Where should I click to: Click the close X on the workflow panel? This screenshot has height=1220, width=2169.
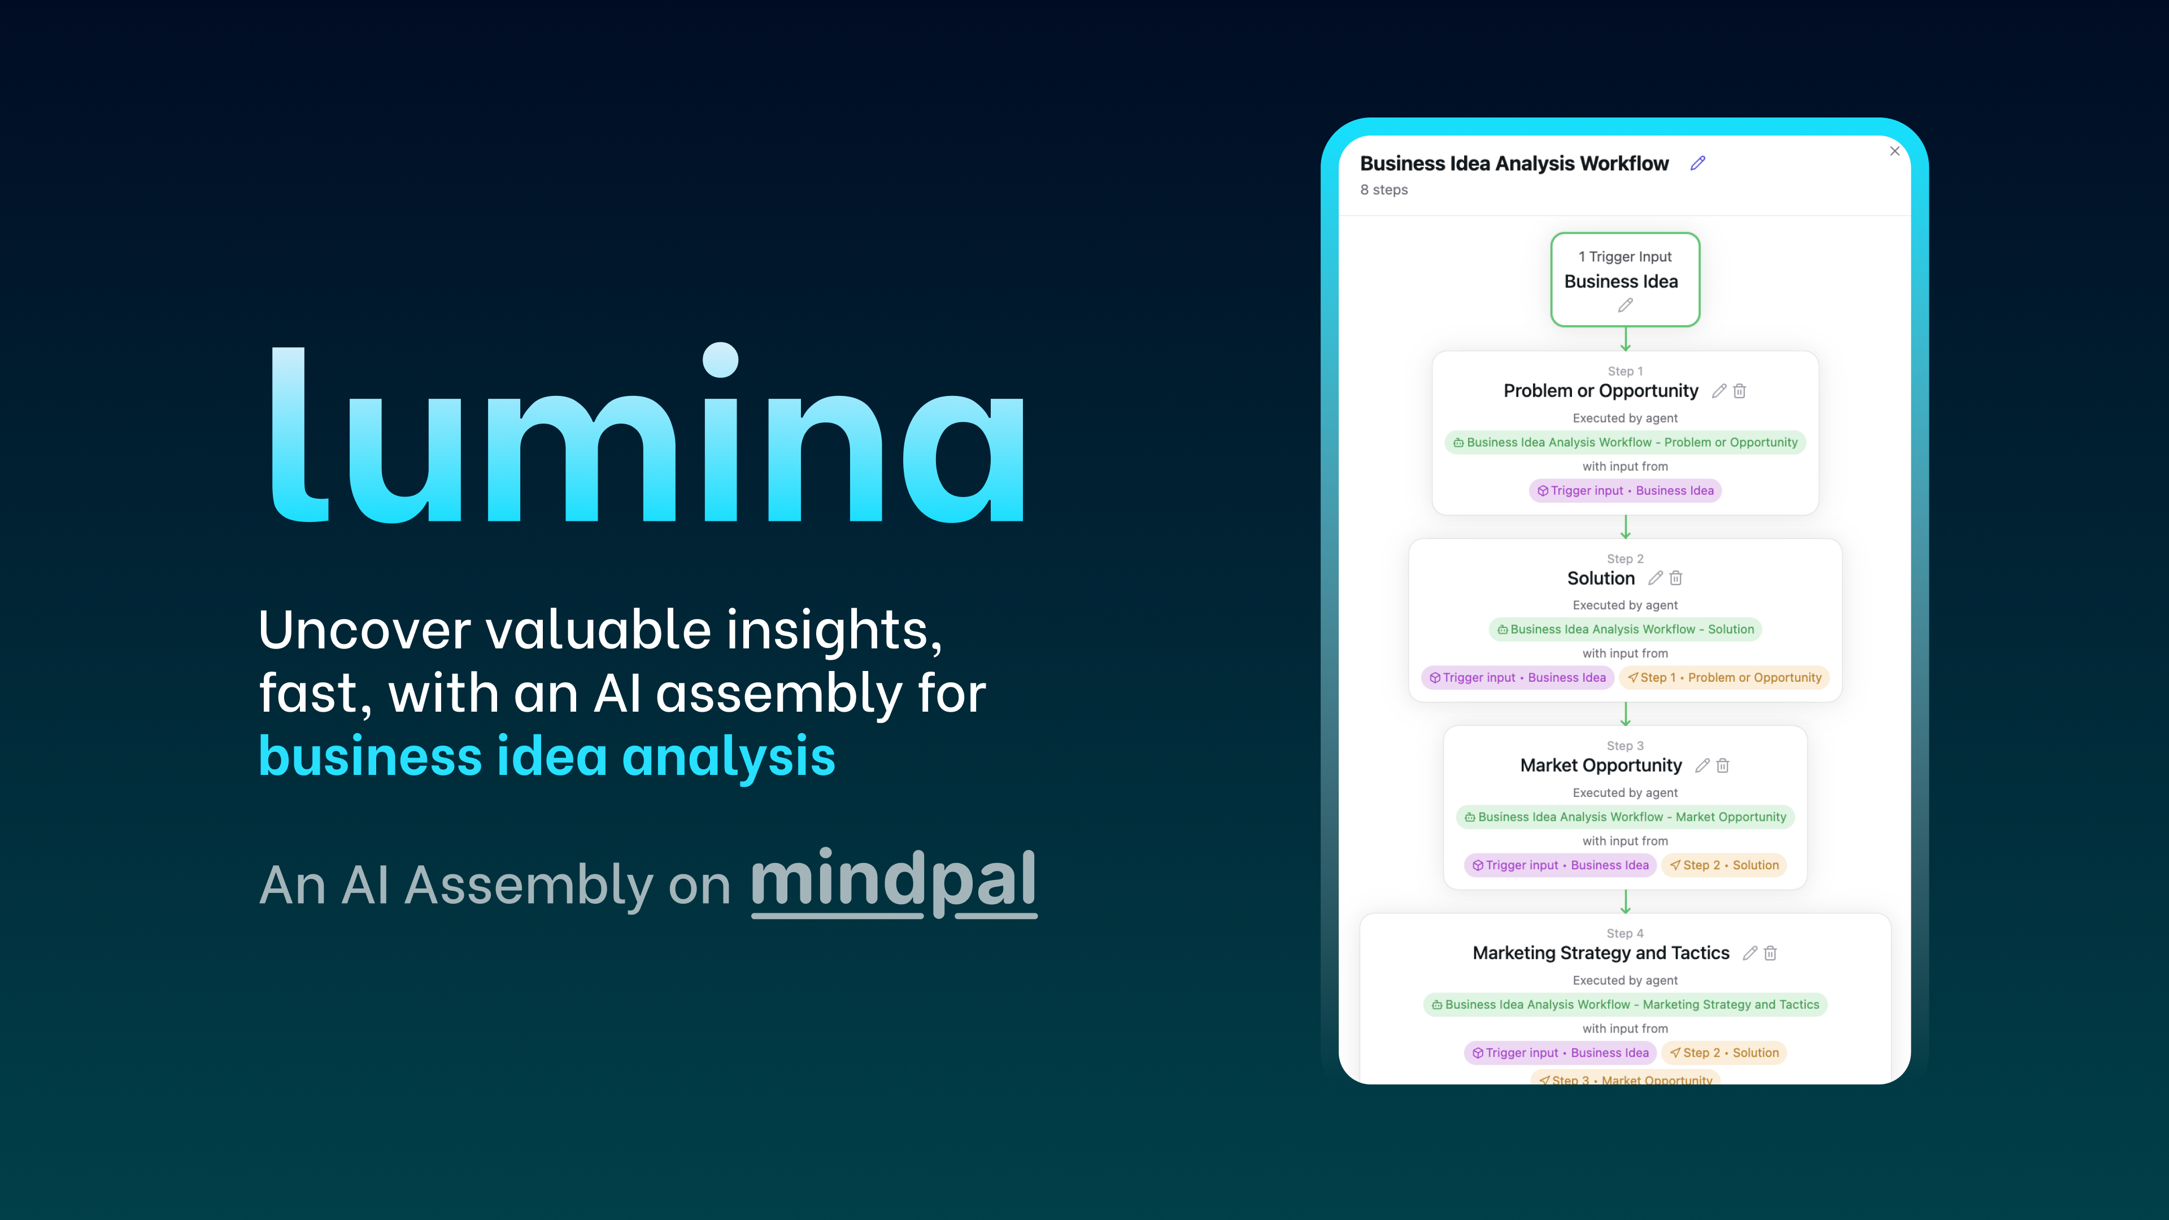click(1894, 151)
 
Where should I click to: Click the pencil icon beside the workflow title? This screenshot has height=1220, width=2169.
click(1697, 163)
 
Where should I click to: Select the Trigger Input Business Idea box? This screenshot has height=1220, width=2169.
click(1624, 278)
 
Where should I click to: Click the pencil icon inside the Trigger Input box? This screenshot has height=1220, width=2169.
click(1625, 306)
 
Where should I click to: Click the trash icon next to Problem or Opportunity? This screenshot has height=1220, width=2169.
click(1740, 391)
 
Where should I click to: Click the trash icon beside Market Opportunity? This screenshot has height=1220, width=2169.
click(1723, 765)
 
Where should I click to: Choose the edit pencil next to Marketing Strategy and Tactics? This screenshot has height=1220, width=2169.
click(1750, 953)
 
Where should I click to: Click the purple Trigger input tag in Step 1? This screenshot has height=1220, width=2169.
click(1625, 491)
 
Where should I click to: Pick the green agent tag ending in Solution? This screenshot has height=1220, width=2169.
click(1625, 629)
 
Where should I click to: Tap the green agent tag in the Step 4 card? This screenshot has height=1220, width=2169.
click(1625, 1004)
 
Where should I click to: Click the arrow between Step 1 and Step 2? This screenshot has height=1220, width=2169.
click(1625, 527)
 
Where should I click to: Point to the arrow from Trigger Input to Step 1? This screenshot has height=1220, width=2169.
click(1625, 339)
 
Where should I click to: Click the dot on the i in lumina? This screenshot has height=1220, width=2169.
click(721, 360)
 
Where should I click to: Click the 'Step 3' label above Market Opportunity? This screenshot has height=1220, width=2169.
click(1624, 746)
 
